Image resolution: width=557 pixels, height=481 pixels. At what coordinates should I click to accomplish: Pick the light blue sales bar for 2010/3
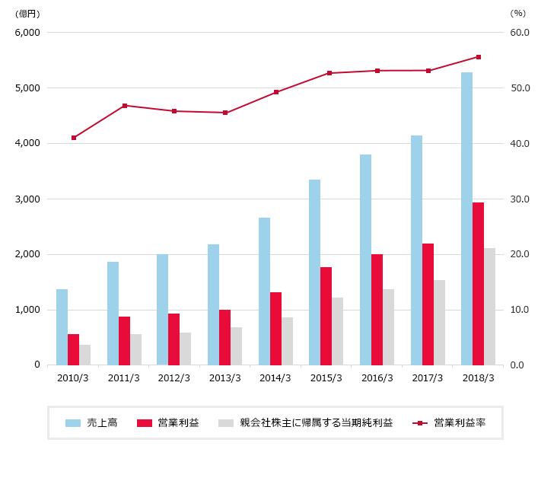pyautogui.click(x=62, y=327)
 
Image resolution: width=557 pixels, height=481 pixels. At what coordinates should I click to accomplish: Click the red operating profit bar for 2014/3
pyautogui.click(x=275, y=328)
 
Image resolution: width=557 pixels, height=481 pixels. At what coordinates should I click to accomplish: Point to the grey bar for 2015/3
pyautogui.click(x=337, y=331)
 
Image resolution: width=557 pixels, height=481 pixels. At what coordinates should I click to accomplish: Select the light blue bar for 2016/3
pyautogui.click(x=365, y=260)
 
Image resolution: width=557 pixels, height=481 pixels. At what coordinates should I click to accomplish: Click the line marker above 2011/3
pyautogui.click(x=124, y=105)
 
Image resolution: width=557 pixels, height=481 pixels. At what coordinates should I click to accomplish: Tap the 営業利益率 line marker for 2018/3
pyautogui.click(x=478, y=57)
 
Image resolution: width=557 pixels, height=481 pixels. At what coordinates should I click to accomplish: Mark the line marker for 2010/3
pyautogui.click(x=74, y=138)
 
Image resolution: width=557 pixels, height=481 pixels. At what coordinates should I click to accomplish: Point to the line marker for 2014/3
pyautogui.click(x=275, y=92)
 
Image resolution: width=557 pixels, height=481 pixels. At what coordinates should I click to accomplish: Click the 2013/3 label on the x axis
pyautogui.click(x=224, y=378)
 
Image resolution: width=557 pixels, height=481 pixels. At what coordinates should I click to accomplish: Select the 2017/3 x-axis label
pyautogui.click(x=427, y=378)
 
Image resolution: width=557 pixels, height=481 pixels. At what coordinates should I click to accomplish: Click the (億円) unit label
pyautogui.click(x=27, y=13)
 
